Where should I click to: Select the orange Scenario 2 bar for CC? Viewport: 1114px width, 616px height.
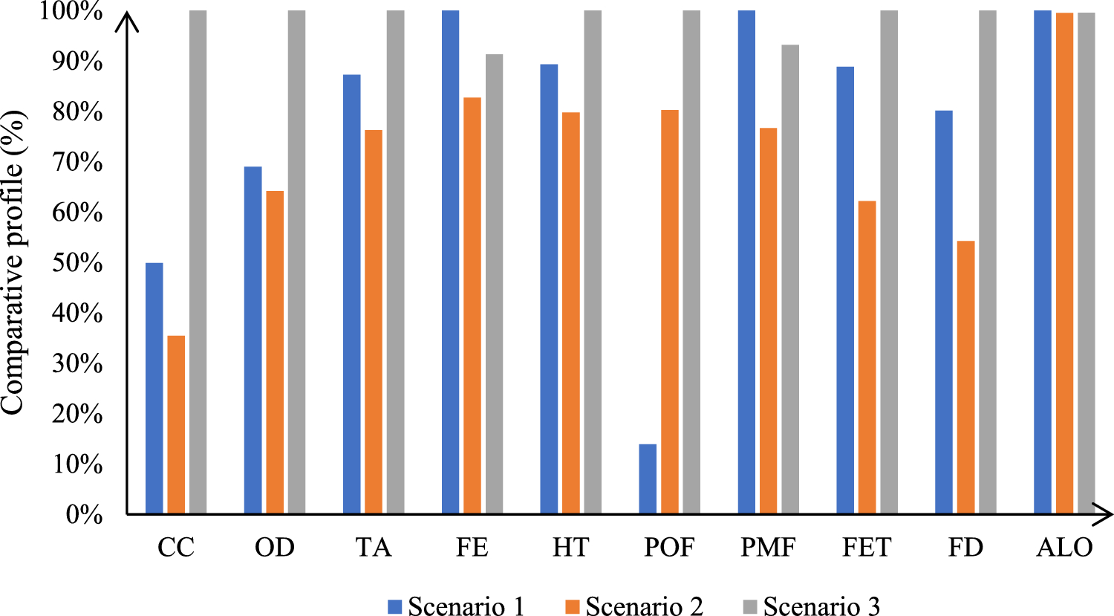pyautogui.click(x=176, y=424)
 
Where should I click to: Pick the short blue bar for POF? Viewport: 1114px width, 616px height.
pyautogui.click(x=647, y=479)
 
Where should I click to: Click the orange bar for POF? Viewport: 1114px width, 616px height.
pyautogui.click(x=669, y=311)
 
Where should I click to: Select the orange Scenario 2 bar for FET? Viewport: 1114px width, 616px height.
pyautogui.click(x=867, y=357)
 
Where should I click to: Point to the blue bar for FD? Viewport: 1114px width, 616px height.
pyautogui.click(x=943, y=311)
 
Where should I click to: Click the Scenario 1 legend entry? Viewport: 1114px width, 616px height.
pyautogui.click(x=456, y=606)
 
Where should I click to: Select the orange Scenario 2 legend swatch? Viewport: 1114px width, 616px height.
pyautogui.click(x=572, y=606)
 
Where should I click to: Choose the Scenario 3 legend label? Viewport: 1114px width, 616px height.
pyautogui.click(x=821, y=606)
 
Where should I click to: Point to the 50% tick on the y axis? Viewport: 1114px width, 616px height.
pyautogui.click(x=77, y=263)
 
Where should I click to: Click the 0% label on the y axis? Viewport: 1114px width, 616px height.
pyautogui.click(x=84, y=514)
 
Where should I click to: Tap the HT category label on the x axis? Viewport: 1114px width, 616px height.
pyautogui.click(x=570, y=548)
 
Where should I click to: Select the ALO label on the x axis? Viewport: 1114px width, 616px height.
pyautogui.click(x=1064, y=548)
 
